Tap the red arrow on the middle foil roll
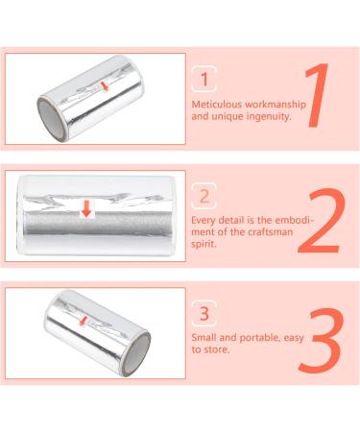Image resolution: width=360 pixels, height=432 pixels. pos(86,207)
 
